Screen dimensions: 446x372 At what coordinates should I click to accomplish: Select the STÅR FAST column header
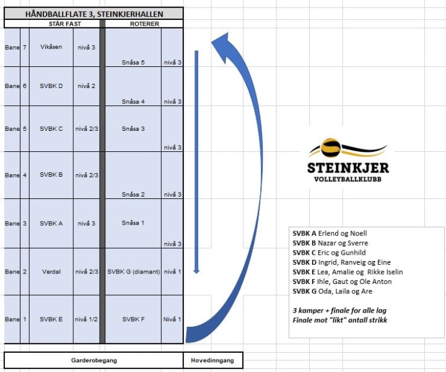[51, 24]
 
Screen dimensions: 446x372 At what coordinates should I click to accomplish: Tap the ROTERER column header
[144, 24]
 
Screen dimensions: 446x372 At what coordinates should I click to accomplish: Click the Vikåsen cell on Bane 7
[51, 46]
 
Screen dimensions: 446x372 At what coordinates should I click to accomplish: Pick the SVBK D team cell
[51, 86]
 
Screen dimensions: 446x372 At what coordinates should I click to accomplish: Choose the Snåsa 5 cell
[133, 62]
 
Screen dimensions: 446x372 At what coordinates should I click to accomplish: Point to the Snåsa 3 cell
[133, 128]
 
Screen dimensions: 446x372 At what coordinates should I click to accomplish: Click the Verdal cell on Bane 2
[51, 272]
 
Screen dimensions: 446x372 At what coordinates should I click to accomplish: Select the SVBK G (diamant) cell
[134, 272]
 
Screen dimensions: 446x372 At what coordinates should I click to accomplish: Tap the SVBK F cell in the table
[133, 319]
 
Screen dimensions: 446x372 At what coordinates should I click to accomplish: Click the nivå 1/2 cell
[85, 319]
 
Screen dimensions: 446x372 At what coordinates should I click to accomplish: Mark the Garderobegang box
[94, 360]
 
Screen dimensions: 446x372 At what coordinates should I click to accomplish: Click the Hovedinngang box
[213, 360]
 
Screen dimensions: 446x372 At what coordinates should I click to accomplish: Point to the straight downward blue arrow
[196, 161]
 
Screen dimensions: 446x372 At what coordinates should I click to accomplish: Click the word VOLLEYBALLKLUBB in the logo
[348, 179]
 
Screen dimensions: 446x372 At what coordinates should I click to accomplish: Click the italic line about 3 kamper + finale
[340, 310]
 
